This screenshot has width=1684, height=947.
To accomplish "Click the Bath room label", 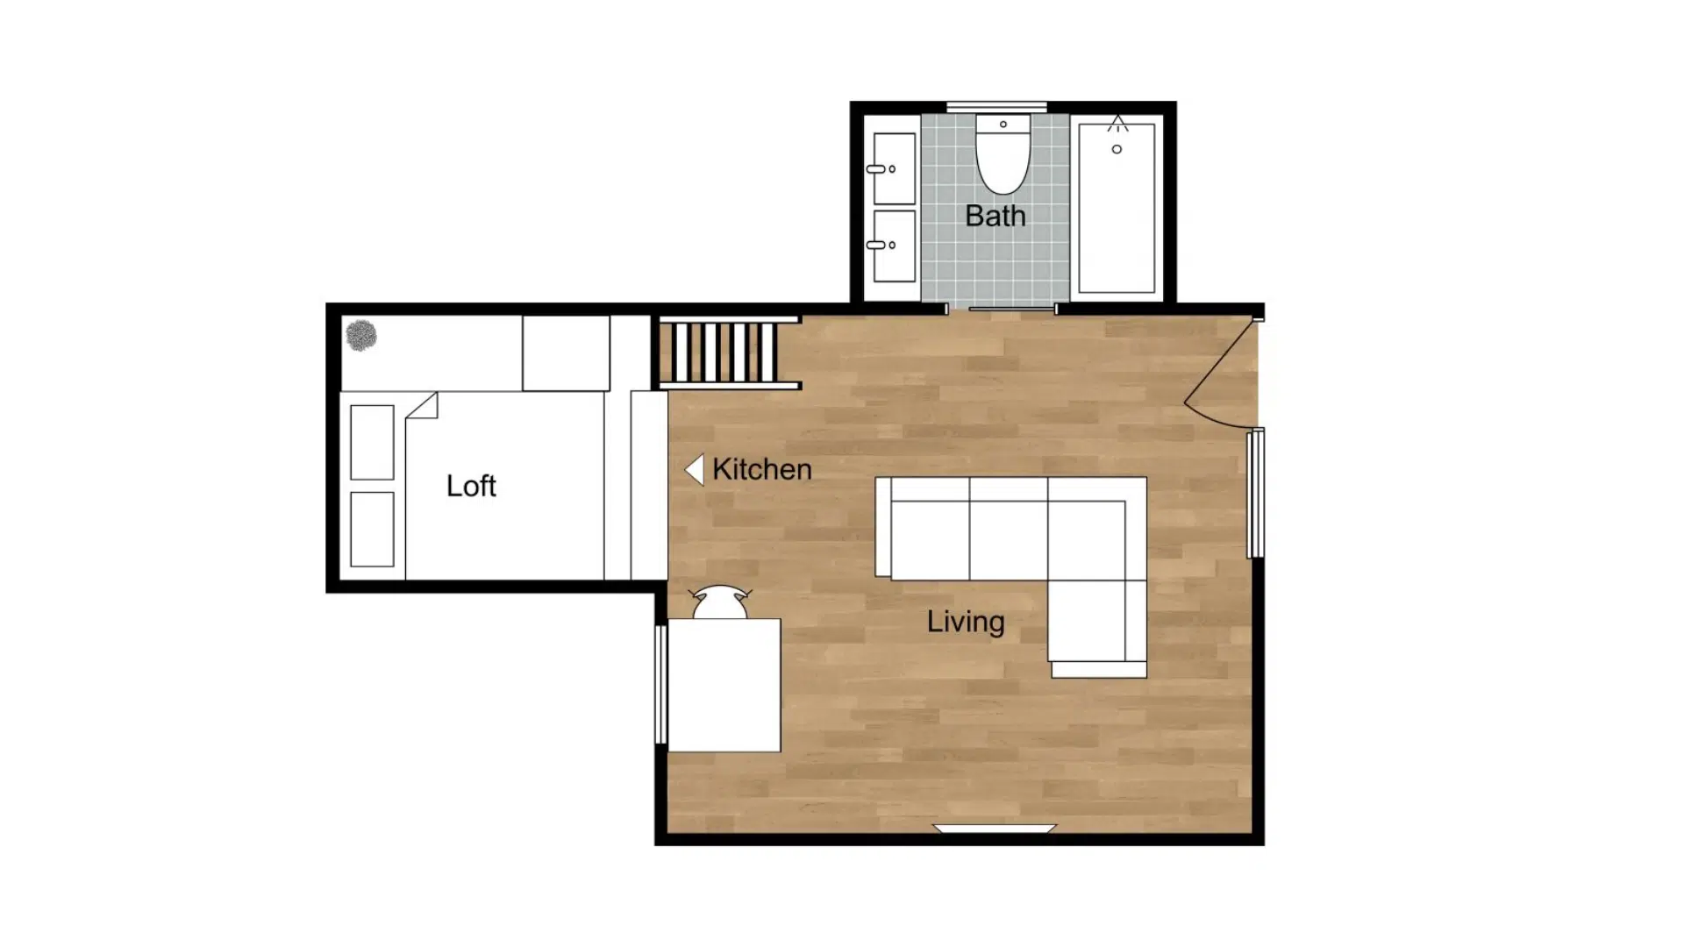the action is pos(995,216).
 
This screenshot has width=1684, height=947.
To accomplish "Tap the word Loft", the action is pos(471,486).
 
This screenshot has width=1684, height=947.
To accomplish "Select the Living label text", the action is pos(966,622).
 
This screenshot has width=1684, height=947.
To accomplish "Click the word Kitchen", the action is pos(761,469).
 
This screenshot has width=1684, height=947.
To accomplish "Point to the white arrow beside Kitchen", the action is pos(695,470).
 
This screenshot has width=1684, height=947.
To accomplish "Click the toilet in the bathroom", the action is pos(1003,154).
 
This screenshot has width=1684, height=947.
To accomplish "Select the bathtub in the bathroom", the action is pos(1117,208).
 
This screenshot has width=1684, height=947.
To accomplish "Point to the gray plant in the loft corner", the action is pos(361,335).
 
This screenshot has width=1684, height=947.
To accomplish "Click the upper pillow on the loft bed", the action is pos(372,443).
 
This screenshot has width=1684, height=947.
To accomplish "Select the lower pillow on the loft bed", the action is pos(372,530).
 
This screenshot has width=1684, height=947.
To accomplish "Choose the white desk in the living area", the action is pos(724,685).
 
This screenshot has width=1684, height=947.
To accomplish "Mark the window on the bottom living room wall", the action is pos(995,829).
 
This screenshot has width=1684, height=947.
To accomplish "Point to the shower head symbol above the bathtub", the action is pos(1117,124).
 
